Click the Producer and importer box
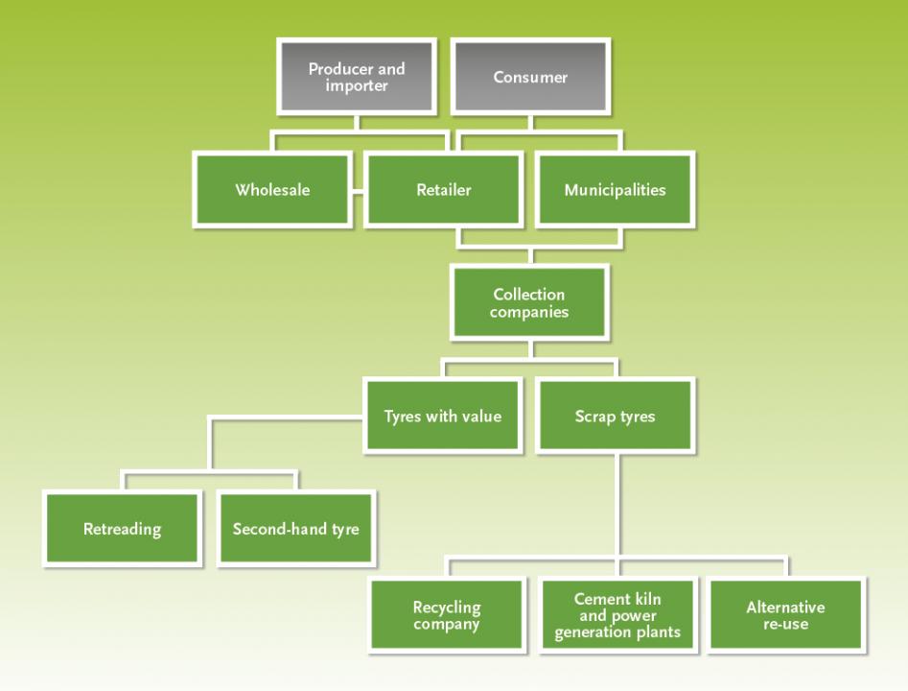[x=357, y=77]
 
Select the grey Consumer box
[x=530, y=77]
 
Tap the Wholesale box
[x=272, y=190]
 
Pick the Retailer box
[x=444, y=190]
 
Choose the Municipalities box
[x=615, y=190]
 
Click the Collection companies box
[x=529, y=302]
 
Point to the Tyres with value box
[x=443, y=416]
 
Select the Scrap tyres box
[x=615, y=416]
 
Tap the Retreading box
[x=122, y=529]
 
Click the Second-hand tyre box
[x=296, y=529]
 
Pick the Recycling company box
[x=447, y=615]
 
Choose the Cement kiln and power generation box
[x=617, y=615]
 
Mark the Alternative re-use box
[x=786, y=615]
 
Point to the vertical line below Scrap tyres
[x=619, y=505]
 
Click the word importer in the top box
[x=356, y=85]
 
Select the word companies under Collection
[x=529, y=312]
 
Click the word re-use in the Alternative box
[x=786, y=624]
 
